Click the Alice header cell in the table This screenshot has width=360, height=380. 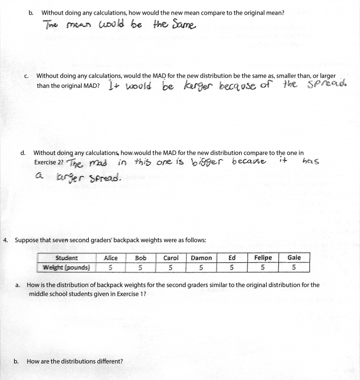tap(111, 258)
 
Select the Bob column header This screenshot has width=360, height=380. tap(141, 258)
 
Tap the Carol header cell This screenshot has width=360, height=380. tap(171, 258)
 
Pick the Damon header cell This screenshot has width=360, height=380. tap(201, 258)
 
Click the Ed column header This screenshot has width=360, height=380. tap(232, 258)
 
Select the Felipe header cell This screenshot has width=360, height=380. tap(263, 258)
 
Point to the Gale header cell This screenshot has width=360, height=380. tap(294, 258)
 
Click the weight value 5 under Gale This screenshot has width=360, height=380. tap(294, 267)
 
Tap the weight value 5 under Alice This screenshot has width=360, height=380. tap(111, 267)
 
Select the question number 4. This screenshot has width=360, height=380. tap(5, 240)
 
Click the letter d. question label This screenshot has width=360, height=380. tap(22, 153)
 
